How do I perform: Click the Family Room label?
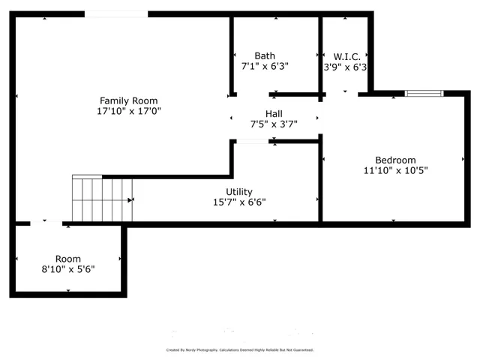click(129, 100)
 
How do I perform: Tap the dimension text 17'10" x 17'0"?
click(129, 111)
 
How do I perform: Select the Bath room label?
click(264, 55)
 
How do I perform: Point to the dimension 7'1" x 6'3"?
click(264, 66)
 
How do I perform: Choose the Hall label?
click(274, 114)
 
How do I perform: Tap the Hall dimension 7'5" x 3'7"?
click(274, 124)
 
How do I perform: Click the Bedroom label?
click(395, 160)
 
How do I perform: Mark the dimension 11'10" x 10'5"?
click(395, 170)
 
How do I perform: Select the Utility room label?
click(239, 191)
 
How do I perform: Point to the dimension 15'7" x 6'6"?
click(239, 202)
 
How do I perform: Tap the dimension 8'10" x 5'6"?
click(67, 268)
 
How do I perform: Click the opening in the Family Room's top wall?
click(115, 13)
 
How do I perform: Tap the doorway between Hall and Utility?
click(253, 141)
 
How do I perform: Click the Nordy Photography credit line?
click(239, 350)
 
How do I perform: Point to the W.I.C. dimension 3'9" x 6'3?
click(345, 66)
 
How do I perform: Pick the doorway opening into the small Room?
click(46, 223)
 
